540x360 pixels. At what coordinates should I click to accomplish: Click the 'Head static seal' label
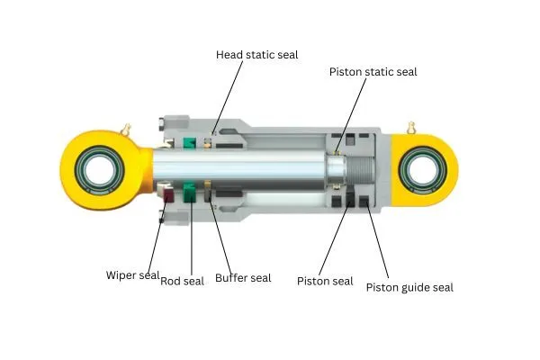[x=256, y=54]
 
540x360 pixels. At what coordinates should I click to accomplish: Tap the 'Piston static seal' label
[x=373, y=72]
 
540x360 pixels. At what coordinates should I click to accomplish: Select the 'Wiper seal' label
[x=132, y=275]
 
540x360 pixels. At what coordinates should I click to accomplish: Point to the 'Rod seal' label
[x=182, y=281]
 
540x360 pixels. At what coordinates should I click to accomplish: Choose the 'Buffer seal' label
[x=243, y=278]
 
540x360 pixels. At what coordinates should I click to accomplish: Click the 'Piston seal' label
[x=325, y=281]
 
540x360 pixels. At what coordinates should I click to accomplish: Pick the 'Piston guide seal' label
[x=409, y=287]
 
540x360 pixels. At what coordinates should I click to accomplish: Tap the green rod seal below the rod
[x=189, y=193]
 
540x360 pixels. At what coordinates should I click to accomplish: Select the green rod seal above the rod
[x=189, y=143]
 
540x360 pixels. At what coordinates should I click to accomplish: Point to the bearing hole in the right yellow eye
[x=423, y=170]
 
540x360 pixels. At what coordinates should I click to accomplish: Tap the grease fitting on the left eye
[x=126, y=130]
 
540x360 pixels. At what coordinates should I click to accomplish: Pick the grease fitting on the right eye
[x=410, y=128]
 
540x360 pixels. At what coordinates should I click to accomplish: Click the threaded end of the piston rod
[x=361, y=170]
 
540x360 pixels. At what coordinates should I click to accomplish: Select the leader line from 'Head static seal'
[x=228, y=98]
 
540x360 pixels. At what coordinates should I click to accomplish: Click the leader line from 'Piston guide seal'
[x=378, y=241]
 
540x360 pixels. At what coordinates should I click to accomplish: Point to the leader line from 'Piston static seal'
[x=351, y=115]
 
